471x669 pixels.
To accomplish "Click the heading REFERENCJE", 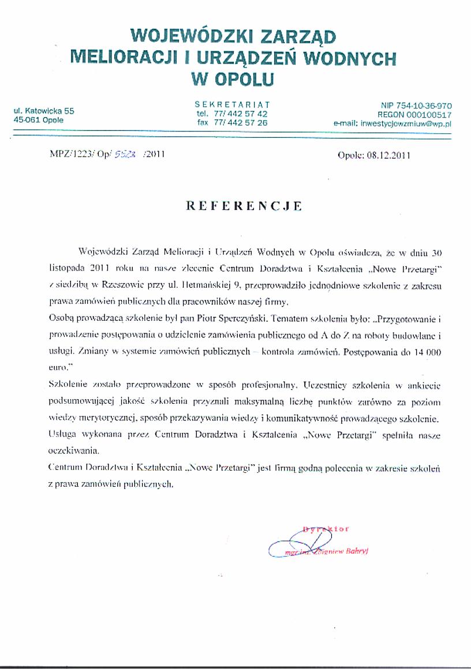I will click(x=243, y=205).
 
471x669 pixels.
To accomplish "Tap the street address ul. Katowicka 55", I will click(x=44, y=111).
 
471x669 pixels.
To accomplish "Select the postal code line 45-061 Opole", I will click(x=39, y=120).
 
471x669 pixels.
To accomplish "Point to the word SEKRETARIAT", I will click(x=232, y=104).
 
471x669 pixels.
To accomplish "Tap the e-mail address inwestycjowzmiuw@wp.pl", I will click(x=405, y=123).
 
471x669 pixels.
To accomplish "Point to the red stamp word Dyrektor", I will click(x=326, y=528).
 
